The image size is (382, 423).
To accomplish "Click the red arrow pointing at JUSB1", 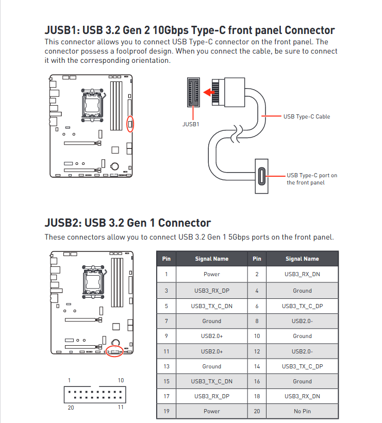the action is click(x=209, y=92).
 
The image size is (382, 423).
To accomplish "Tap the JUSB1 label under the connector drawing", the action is click(x=191, y=124).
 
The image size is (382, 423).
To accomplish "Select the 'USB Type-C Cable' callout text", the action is click(x=307, y=116).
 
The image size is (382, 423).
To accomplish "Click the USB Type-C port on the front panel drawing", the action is click(x=261, y=176).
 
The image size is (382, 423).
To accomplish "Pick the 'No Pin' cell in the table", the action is click(x=302, y=411).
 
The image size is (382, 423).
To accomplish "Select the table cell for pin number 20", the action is click(x=257, y=411).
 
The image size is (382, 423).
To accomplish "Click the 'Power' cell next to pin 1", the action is click(x=212, y=274).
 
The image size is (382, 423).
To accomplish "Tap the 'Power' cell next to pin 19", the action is click(x=212, y=411).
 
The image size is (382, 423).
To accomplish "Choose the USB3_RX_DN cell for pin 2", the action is click(x=302, y=274).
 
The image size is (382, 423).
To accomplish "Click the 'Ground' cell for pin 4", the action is click(x=302, y=291).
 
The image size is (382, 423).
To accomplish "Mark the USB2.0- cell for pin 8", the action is click(x=302, y=321).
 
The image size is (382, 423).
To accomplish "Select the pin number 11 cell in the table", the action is click(x=167, y=351).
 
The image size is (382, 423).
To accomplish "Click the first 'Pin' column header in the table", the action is click(x=167, y=259).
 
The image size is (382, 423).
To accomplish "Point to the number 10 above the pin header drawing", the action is click(x=121, y=380).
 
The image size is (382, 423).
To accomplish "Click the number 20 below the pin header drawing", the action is click(x=71, y=408).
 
